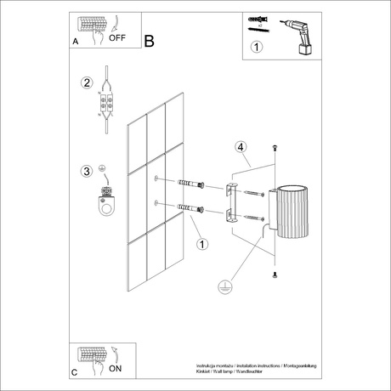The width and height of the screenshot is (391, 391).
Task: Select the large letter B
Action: [x=150, y=40]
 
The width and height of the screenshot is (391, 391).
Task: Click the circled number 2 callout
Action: [x=85, y=83]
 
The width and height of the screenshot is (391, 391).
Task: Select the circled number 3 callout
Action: [x=85, y=172]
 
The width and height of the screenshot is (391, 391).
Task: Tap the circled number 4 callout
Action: [x=241, y=147]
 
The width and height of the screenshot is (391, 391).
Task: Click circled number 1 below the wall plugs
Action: [x=201, y=245]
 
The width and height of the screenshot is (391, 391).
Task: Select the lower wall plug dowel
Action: [x=189, y=208]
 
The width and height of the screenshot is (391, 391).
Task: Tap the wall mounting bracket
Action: [x=230, y=204]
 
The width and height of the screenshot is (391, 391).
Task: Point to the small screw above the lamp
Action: [x=274, y=150]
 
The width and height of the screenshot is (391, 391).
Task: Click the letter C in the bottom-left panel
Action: [x=75, y=372]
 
